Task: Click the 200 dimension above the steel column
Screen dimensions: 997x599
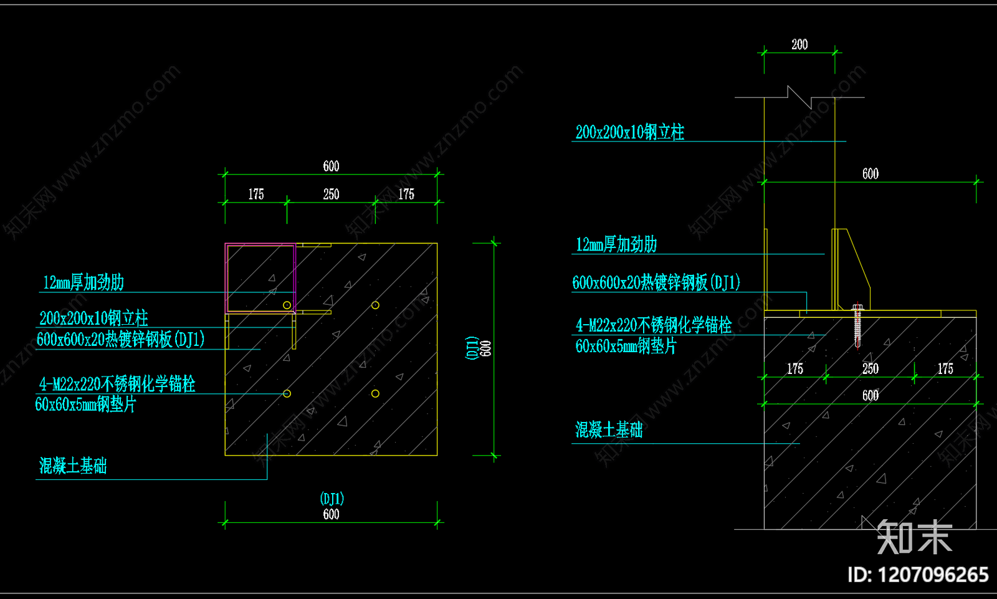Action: pos(799,44)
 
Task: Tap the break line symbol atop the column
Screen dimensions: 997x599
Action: pos(799,97)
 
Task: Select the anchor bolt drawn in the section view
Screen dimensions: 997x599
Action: pos(857,326)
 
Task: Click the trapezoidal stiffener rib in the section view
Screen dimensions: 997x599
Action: pos(852,269)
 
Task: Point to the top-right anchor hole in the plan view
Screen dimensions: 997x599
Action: pos(375,305)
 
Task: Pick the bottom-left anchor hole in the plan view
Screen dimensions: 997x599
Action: pos(287,393)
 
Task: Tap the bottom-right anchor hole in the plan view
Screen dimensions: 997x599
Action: pos(375,393)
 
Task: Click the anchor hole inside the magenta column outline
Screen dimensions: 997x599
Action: pos(287,305)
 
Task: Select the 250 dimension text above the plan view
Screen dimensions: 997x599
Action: pos(331,194)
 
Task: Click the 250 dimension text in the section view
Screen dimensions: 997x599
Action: pos(870,369)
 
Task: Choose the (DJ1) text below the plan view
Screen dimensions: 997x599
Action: pos(332,499)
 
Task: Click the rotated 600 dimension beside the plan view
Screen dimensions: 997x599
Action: pos(486,348)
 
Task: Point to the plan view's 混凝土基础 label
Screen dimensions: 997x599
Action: pos(73,466)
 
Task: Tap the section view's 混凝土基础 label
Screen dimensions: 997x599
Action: pos(609,429)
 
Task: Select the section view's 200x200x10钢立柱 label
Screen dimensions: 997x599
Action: pos(630,132)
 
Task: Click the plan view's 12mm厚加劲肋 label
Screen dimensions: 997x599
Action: pos(83,282)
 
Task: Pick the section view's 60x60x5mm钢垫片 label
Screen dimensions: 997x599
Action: pos(626,346)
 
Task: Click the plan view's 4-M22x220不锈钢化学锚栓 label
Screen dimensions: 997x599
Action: pos(117,384)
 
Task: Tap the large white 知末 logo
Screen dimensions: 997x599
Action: pos(914,537)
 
